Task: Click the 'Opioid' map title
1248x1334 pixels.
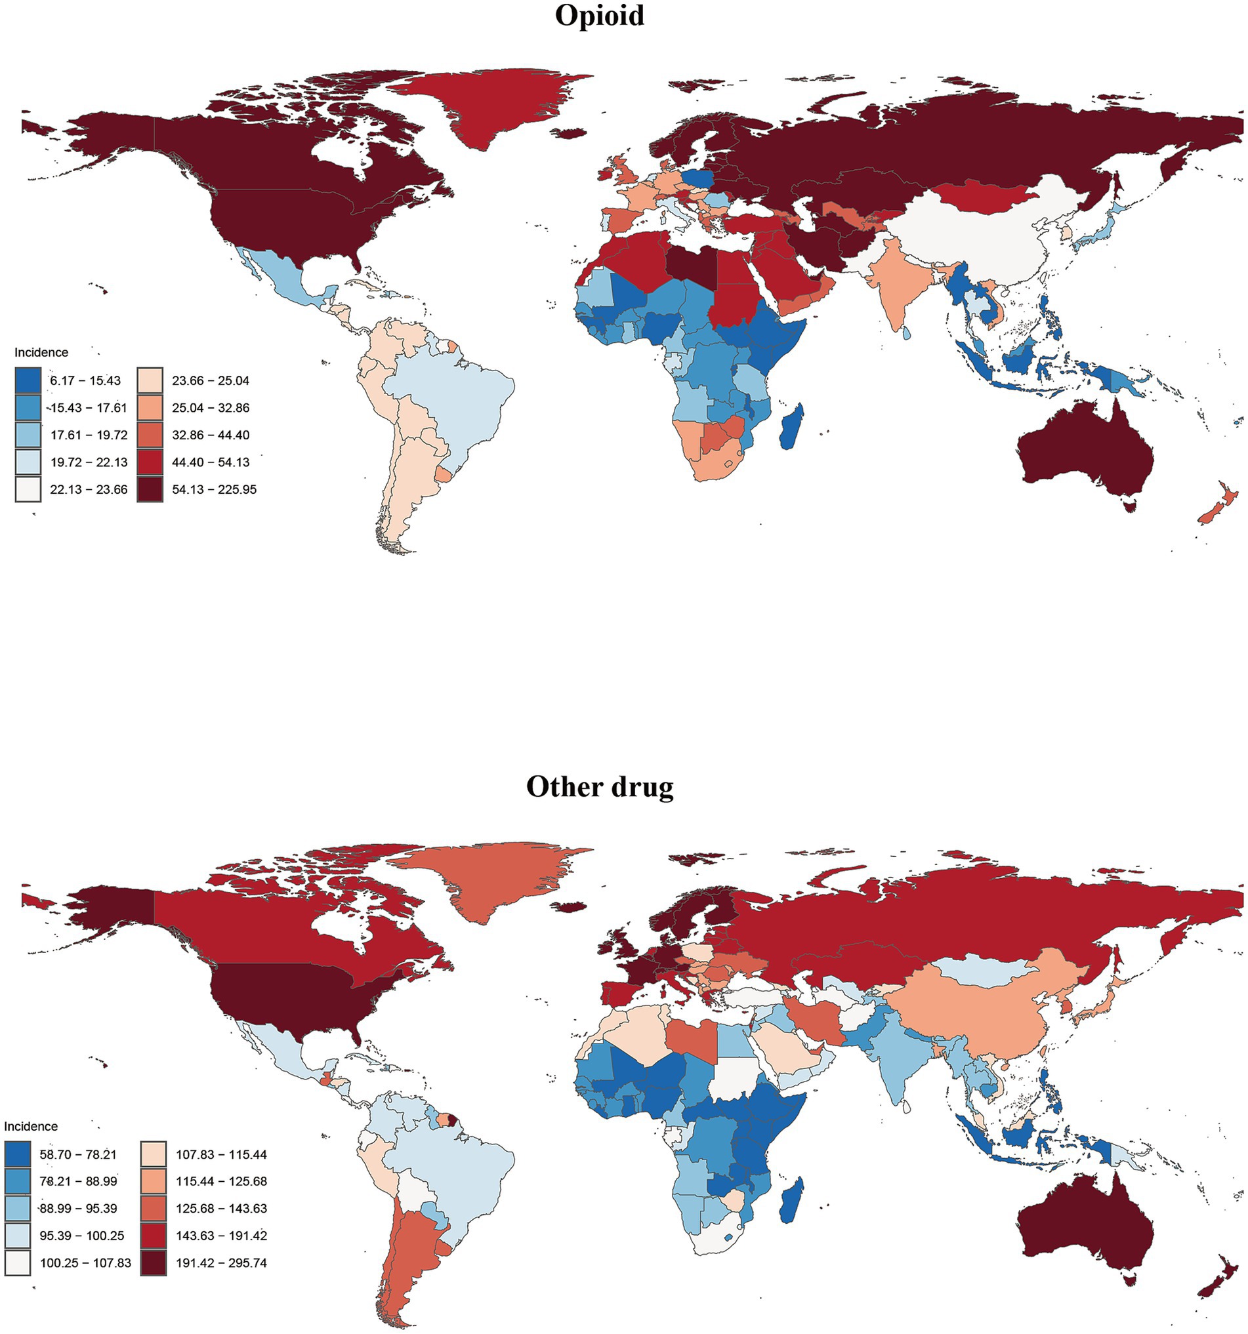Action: click(x=600, y=16)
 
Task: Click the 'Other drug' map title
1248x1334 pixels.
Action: click(x=600, y=786)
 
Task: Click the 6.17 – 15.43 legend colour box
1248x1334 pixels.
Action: click(x=28, y=380)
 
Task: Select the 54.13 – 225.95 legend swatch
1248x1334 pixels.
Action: click(x=150, y=489)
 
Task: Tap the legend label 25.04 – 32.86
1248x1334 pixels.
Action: click(x=210, y=408)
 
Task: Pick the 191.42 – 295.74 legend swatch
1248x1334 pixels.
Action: click(x=153, y=1263)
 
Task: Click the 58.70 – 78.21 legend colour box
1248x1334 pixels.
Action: click(x=18, y=1154)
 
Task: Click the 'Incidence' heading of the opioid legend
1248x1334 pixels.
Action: click(x=41, y=352)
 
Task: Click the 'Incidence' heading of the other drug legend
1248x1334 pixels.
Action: click(x=31, y=1126)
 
